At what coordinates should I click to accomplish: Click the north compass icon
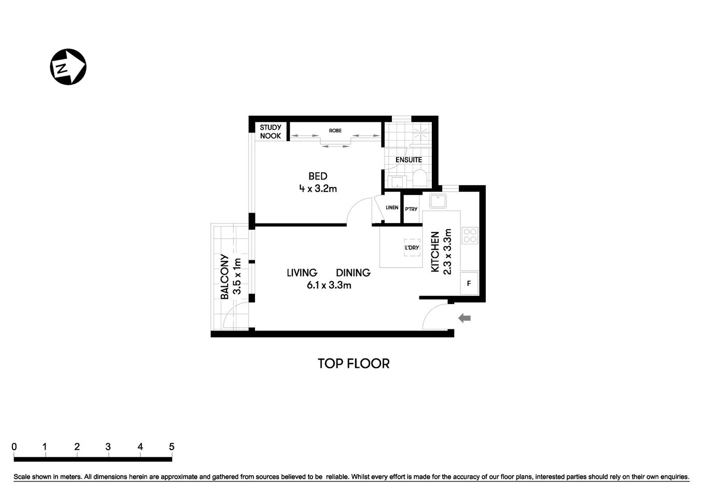point(67,67)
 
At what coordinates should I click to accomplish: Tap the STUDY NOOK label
point(270,132)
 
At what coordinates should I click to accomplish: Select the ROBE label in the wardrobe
point(335,131)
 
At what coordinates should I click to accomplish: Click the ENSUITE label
point(409,160)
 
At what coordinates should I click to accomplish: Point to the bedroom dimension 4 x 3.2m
point(318,189)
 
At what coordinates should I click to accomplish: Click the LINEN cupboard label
point(392,208)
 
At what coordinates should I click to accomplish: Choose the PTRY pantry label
point(411,209)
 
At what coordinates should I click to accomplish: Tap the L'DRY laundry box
point(412,248)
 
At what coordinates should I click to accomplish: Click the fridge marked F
point(469,284)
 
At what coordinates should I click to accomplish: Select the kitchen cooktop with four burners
point(470,236)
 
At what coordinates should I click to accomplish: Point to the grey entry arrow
point(464,318)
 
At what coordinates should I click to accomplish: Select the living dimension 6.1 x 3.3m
point(329,285)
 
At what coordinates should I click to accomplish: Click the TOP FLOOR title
point(354,364)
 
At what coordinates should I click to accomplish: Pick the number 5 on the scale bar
point(172,447)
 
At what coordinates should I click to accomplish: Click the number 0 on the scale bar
point(14,447)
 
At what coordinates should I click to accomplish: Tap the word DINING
point(353,273)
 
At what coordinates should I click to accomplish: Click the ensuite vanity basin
point(397,182)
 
